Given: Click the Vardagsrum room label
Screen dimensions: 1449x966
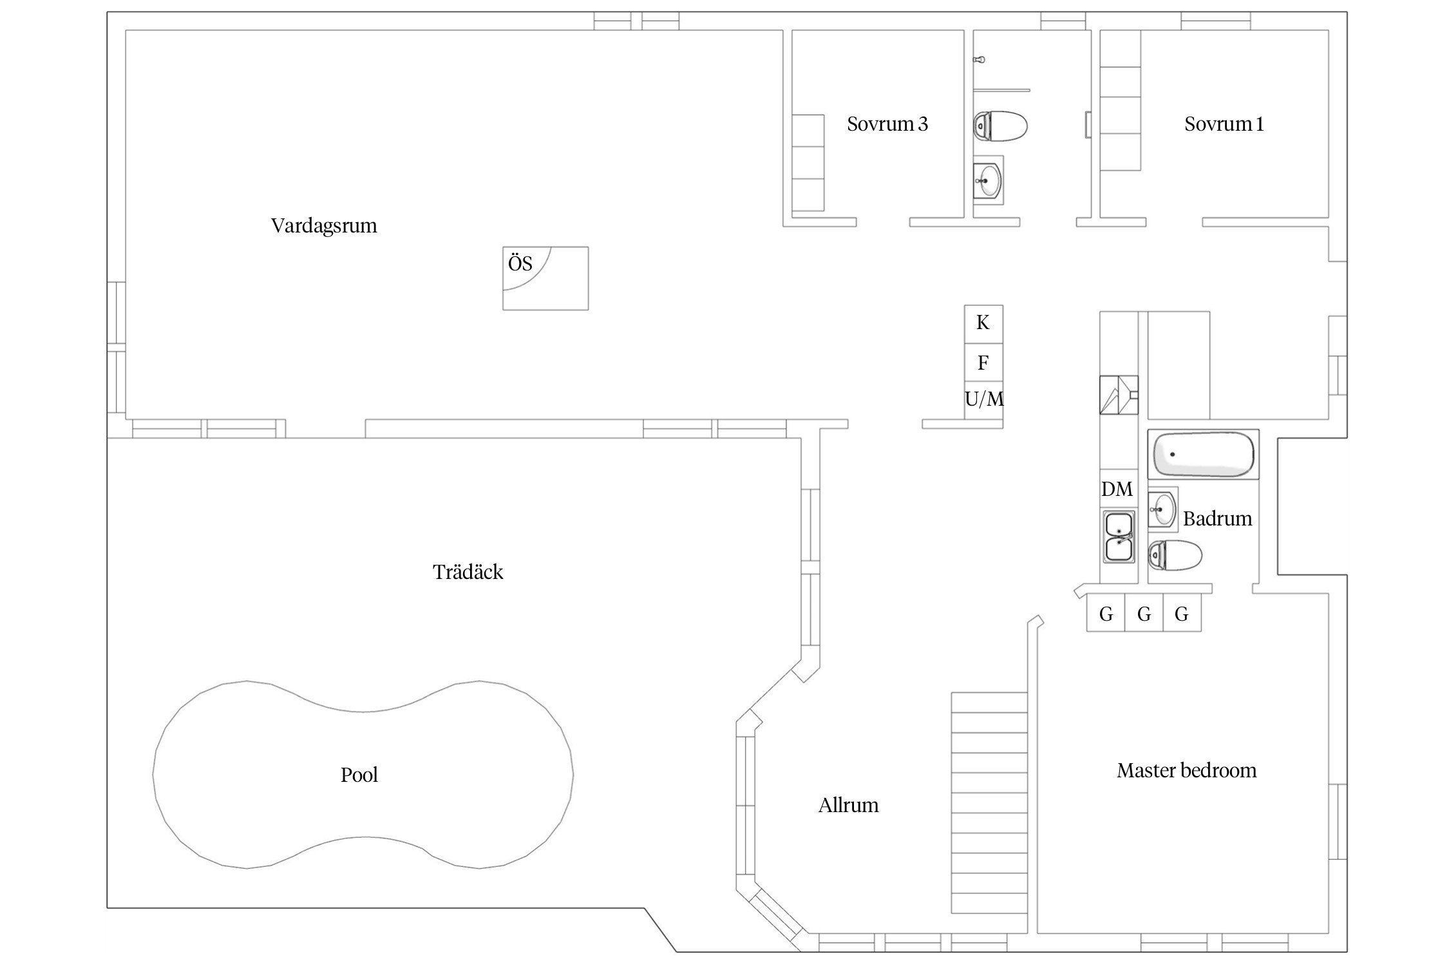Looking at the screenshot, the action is [x=324, y=226].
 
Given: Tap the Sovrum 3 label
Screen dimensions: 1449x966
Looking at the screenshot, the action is [x=887, y=124].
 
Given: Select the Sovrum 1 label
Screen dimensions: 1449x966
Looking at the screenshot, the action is [x=1224, y=124].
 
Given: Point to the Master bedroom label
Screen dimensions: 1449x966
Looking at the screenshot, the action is [x=1187, y=770].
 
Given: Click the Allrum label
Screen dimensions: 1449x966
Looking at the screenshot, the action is [x=848, y=805].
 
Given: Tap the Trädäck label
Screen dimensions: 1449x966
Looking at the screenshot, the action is [x=468, y=572].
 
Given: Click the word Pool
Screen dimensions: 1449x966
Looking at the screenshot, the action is [x=359, y=775].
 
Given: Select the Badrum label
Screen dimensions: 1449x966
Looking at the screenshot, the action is [x=1218, y=518].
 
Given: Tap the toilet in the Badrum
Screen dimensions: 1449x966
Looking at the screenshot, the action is [x=1175, y=556].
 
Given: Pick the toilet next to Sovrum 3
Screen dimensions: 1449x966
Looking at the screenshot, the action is [x=1000, y=126].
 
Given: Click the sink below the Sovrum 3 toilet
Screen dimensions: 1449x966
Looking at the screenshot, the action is [x=988, y=180].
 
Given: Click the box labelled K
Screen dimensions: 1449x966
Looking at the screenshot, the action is [x=983, y=324].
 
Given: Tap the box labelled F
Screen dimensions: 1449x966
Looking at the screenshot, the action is [x=983, y=363].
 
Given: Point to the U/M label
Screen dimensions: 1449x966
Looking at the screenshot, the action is [x=984, y=399].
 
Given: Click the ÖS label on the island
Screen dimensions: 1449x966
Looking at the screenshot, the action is [x=520, y=263].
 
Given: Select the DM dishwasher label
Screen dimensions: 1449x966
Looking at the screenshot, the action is [x=1117, y=489].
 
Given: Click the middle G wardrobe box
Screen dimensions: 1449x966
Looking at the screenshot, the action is [x=1144, y=612].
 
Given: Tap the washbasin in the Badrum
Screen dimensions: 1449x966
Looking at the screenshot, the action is [x=1163, y=509].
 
